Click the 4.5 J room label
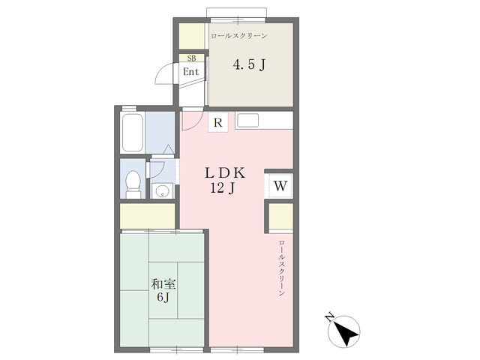[249, 64]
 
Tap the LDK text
[225, 173]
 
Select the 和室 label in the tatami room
[163, 284]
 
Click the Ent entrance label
[191, 72]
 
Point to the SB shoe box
[192, 58]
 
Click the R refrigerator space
[218, 122]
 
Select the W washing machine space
[280, 186]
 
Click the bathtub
[132, 132]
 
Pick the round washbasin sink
[162, 192]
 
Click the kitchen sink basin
[247, 120]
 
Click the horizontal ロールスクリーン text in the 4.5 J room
[239, 36]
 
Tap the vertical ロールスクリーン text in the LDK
[282, 268]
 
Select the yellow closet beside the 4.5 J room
[192, 36]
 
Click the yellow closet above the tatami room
[147, 216]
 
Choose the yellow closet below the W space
[281, 216]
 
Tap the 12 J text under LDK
[223, 188]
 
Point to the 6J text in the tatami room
[163, 297]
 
